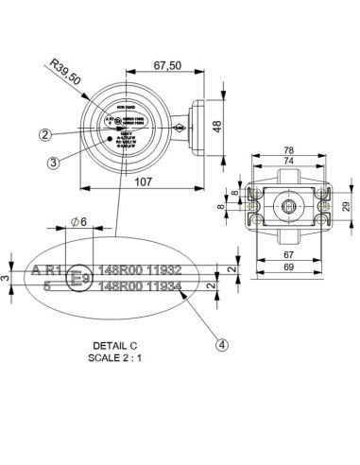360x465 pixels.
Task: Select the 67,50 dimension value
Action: pyautogui.click(x=166, y=66)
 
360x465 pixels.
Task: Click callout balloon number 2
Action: pyautogui.click(x=71, y=134)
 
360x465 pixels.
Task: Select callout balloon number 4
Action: pyautogui.click(x=222, y=345)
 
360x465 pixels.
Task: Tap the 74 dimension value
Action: pyautogui.click(x=288, y=161)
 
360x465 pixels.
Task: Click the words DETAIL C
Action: pyautogui.click(x=116, y=347)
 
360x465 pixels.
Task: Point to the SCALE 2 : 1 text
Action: pyautogui.click(x=116, y=358)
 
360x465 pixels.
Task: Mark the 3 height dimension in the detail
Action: pyautogui.click(x=5, y=278)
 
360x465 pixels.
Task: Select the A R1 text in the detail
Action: pyautogui.click(x=47, y=270)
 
